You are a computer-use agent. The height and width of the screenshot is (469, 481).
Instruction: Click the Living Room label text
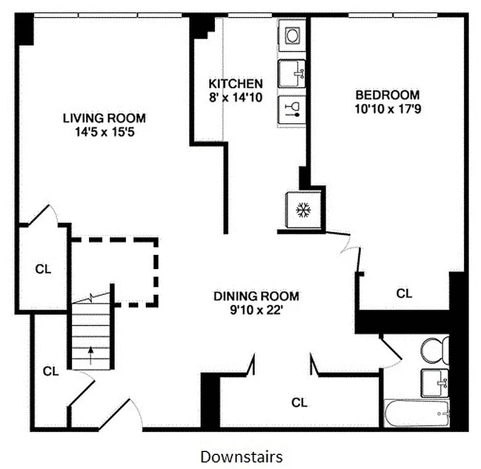[104, 118]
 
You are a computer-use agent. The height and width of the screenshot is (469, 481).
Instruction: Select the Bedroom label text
[388, 94]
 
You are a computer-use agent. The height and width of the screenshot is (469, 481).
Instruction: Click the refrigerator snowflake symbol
[302, 210]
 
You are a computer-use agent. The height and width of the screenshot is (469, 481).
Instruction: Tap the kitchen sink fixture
[292, 73]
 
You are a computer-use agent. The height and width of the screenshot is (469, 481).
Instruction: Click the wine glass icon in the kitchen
[292, 109]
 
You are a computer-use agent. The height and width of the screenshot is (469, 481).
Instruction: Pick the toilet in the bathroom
[434, 351]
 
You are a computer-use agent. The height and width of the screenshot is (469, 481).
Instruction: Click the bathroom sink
[435, 383]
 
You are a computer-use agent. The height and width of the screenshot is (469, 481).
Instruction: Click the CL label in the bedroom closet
[404, 294]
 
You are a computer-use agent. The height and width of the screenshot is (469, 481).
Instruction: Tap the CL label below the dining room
[299, 403]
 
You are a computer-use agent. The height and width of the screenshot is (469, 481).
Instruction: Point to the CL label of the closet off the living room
[43, 269]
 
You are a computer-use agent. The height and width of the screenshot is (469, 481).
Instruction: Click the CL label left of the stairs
[52, 371]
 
